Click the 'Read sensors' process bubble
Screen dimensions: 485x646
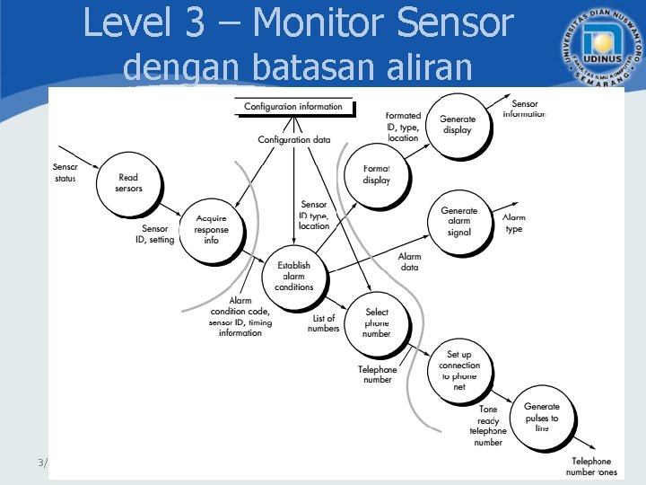(128, 183)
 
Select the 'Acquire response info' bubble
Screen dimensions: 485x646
(211, 230)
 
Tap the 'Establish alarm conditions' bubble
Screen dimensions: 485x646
(293, 276)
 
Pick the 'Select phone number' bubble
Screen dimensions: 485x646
(377, 322)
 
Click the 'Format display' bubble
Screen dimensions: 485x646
(377, 174)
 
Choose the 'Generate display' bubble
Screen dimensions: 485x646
(457, 125)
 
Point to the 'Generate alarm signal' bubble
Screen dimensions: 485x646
(458, 222)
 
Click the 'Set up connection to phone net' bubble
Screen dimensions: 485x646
(459, 371)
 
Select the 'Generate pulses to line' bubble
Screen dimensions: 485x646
(541, 419)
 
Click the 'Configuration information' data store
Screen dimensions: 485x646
(293, 107)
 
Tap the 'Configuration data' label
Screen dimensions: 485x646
(293, 140)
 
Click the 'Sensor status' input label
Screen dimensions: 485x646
(65, 172)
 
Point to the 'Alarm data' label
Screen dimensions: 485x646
(409, 262)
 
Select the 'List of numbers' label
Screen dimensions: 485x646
(324, 323)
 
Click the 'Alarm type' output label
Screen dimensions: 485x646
(514, 224)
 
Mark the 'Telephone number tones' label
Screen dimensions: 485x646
(591, 467)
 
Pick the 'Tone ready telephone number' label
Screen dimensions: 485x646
(488, 427)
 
